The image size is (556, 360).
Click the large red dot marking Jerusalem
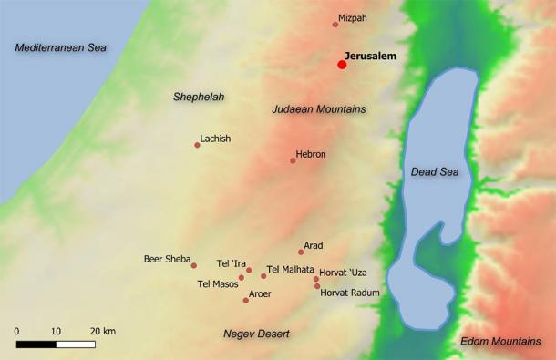[342, 65]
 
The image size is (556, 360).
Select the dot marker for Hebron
[293, 160]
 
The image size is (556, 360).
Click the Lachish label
[215, 139]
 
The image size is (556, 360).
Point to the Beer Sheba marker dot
[194, 265]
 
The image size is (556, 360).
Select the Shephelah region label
[199, 96]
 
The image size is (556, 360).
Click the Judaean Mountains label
[318, 109]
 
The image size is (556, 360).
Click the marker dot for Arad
[301, 252]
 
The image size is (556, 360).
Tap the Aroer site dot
[246, 300]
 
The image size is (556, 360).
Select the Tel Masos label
[217, 284]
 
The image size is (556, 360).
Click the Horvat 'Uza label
[345, 273]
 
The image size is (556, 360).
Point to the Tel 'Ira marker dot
[249, 270]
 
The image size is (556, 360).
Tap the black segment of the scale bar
[36, 345]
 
